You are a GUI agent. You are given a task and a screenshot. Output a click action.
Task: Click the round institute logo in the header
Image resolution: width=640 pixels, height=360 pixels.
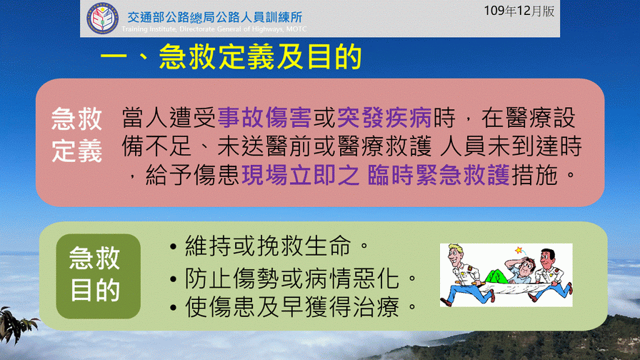point(102,18)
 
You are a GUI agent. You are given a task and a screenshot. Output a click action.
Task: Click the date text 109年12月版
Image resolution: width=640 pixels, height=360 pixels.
point(519,11)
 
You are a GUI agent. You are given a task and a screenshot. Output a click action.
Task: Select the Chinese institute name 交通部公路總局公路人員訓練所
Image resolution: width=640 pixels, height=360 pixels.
point(215,16)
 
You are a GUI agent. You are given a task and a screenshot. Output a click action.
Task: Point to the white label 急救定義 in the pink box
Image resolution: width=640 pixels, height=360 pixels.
point(76,135)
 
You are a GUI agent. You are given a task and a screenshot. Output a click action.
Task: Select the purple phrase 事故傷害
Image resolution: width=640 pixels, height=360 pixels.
point(264,118)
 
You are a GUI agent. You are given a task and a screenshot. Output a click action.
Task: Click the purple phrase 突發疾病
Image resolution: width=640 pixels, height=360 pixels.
point(384,118)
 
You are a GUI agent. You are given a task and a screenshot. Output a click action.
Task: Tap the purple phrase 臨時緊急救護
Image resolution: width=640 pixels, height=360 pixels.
point(439,175)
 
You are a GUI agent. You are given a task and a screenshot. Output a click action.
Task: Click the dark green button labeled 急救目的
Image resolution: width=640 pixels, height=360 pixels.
point(99,276)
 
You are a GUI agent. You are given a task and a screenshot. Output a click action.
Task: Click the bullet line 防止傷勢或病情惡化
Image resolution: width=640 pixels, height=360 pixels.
point(293,278)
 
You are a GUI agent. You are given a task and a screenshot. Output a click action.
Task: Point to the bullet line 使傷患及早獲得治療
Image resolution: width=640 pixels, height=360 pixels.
point(293,306)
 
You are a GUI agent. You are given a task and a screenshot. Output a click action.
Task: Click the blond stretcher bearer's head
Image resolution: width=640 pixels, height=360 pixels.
point(456,255)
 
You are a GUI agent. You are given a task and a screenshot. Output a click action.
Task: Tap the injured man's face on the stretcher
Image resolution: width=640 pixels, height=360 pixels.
point(526,267)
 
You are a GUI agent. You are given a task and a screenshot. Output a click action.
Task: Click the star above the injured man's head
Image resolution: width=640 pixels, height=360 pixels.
point(519,250)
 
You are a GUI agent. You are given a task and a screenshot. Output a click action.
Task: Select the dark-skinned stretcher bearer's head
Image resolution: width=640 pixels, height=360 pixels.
point(547,257)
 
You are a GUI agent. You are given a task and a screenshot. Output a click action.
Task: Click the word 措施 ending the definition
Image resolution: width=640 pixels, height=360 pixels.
point(534,175)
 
